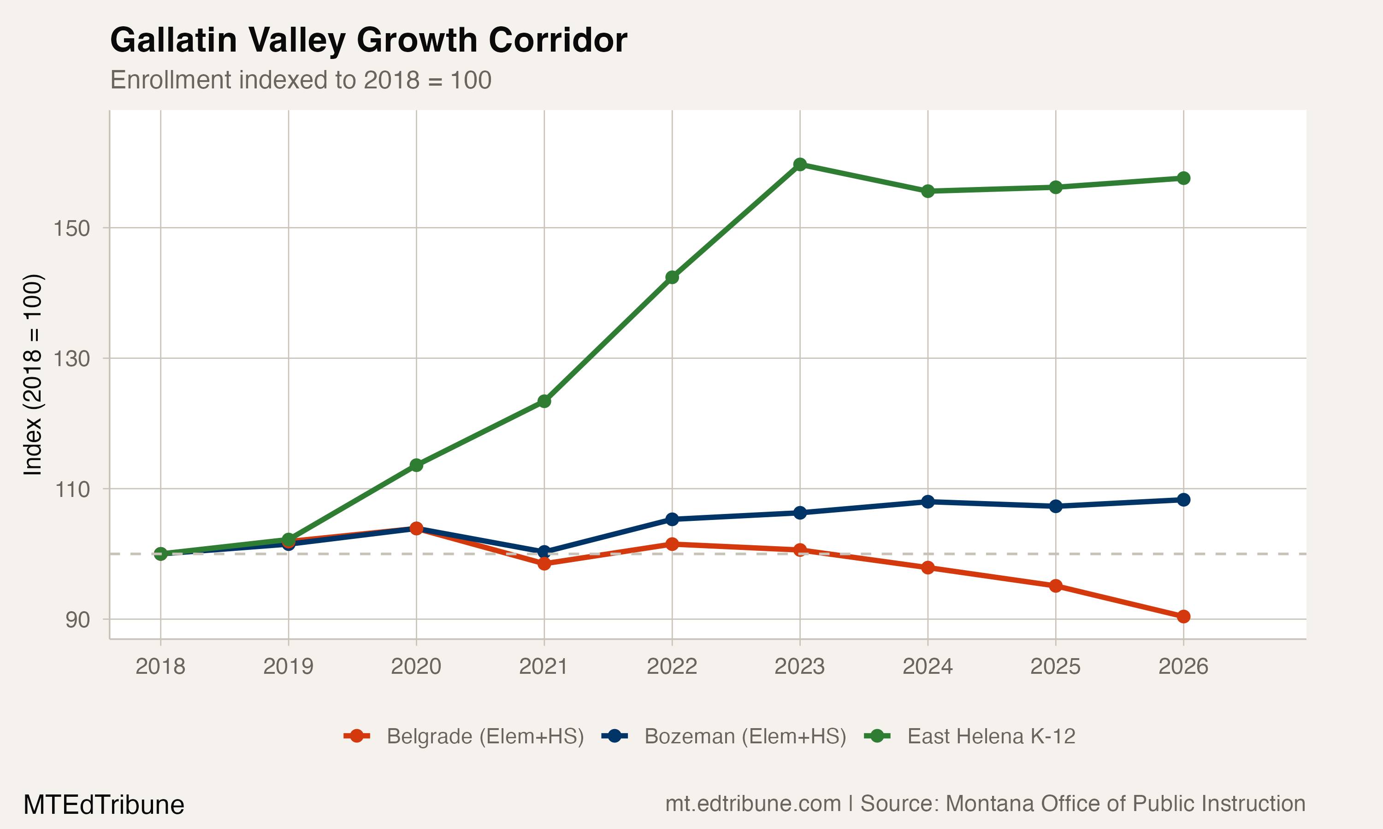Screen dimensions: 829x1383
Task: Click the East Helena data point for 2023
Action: point(800,164)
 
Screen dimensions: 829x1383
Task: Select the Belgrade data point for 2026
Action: point(1183,617)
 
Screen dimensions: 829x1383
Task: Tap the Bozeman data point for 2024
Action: point(928,502)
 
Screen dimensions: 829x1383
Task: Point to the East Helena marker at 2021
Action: point(544,401)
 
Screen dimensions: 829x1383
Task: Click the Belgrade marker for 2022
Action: point(672,544)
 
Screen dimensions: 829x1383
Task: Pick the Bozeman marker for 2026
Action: point(1183,499)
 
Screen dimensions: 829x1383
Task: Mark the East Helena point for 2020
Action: point(416,465)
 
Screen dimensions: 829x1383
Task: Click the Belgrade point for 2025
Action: point(1055,586)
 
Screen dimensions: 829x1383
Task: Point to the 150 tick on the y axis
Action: point(71,228)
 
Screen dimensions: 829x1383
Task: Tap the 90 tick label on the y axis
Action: point(77,619)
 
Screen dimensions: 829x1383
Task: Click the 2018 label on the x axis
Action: point(160,666)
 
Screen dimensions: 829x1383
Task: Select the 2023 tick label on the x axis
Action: point(800,666)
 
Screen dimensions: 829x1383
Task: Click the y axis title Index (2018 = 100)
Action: point(32,374)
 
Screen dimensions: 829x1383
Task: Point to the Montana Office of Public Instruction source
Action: point(1125,804)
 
